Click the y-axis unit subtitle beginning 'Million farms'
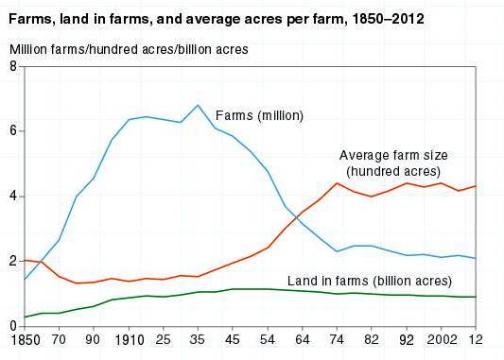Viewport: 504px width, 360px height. pos(130,48)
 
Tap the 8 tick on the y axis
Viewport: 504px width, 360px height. pos(12,66)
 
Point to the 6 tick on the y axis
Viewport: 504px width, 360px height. pos(12,131)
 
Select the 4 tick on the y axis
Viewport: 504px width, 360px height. pos(12,197)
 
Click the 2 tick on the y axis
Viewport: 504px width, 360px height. pos(12,262)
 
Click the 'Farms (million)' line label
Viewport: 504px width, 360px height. pos(260,116)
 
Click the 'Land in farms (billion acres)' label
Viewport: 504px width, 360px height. pos(370,282)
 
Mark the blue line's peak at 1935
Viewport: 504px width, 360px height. pos(198,105)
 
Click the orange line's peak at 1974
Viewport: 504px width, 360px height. pos(338,183)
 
